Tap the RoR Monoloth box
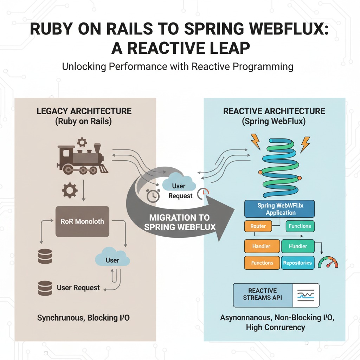82,221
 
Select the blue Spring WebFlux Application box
279,209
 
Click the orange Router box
258,226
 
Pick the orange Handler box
262,246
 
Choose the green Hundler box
297,246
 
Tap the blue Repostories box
297,263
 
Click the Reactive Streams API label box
263,295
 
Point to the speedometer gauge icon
328,262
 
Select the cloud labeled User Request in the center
179,186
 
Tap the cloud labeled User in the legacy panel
112,258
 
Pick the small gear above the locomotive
82,142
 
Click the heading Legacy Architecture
84,111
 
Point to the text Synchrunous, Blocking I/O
83,318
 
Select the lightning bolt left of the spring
256,141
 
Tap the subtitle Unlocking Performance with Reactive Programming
178,66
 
